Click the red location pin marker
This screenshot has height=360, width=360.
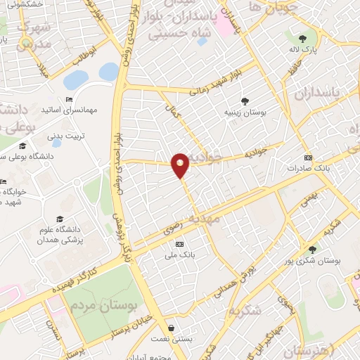coord(181,165)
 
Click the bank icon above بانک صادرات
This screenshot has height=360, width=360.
coord(307,157)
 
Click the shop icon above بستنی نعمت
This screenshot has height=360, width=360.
coord(172,328)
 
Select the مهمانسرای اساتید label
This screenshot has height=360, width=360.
coord(68,110)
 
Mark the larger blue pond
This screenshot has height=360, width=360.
coord(109,71)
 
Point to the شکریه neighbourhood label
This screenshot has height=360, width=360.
coord(245,310)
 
